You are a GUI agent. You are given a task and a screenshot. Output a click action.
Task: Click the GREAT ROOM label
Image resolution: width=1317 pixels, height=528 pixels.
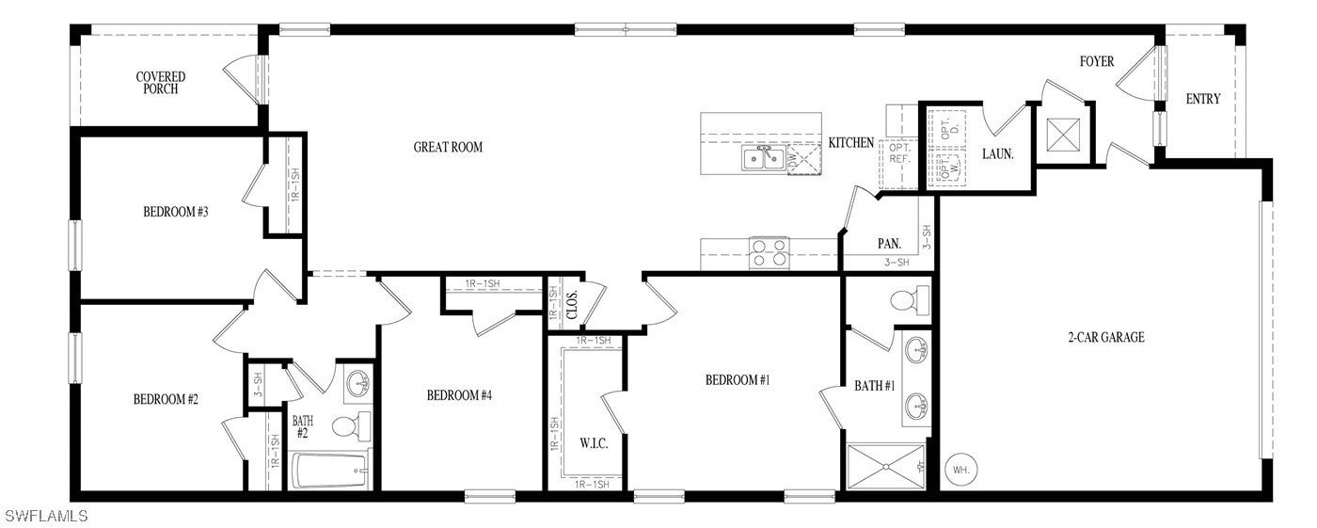click(x=448, y=147)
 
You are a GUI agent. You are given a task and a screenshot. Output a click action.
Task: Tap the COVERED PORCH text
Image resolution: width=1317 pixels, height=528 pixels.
click(x=161, y=83)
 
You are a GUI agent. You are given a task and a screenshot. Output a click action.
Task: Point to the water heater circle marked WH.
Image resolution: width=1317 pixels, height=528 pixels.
click(x=961, y=470)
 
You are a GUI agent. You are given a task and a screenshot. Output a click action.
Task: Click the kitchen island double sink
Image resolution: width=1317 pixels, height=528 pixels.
click(x=763, y=159)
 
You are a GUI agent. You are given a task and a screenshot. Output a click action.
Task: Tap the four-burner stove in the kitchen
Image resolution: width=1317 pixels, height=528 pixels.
click(x=770, y=253)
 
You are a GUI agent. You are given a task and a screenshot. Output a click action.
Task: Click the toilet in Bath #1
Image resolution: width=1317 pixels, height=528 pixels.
click(x=908, y=301)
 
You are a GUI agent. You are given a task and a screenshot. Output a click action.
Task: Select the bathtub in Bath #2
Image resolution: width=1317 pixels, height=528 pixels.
click(x=329, y=471)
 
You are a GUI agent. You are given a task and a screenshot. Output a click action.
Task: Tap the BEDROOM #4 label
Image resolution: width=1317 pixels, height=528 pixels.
click(x=459, y=395)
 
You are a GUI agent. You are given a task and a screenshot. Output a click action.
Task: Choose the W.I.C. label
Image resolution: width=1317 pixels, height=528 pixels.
click(x=594, y=443)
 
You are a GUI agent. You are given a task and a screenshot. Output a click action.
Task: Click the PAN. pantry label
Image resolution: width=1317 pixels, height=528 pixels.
click(x=889, y=244)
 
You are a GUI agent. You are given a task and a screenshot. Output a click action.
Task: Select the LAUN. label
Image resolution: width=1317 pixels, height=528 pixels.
click(x=998, y=153)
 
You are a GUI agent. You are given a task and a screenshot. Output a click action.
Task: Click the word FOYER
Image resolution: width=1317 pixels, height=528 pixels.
click(x=1096, y=62)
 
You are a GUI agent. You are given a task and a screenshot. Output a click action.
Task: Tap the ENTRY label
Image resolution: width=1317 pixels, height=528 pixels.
click(x=1202, y=99)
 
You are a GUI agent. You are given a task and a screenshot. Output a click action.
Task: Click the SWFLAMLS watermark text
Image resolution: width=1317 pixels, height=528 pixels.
click(x=46, y=516)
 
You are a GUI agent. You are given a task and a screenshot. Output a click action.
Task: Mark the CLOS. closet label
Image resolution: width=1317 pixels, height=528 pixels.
click(x=572, y=306)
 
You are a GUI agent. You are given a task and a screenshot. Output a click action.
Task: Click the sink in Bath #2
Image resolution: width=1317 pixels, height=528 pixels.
click(x=357, y=383)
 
